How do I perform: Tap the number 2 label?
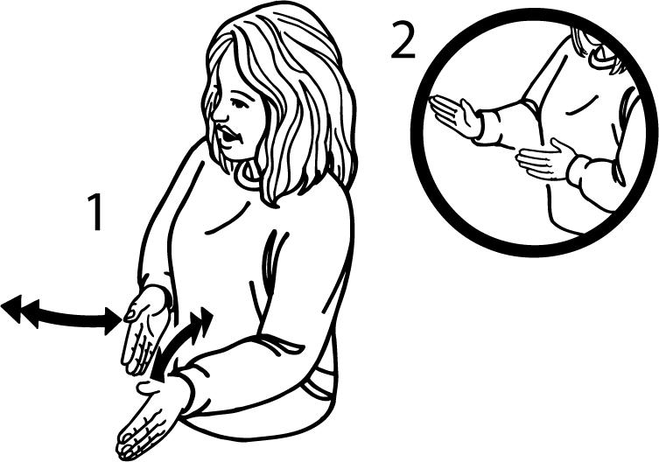coord(403,41)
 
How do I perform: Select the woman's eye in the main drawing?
coord(237,102)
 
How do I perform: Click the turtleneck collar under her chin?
coord(248,176)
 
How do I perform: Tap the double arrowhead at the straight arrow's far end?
coord(20,310)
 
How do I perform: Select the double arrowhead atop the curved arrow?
coord(202,320)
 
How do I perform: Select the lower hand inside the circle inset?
coord(542,161)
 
